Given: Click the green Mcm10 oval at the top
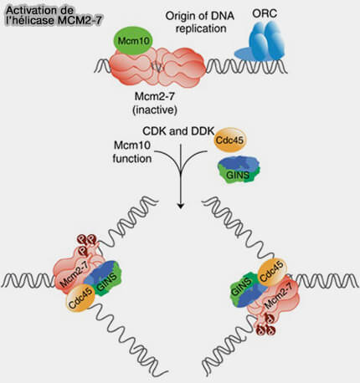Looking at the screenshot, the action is point(133,41).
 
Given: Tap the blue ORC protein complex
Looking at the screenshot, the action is point(260,42).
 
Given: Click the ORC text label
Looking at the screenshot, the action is point(265,13).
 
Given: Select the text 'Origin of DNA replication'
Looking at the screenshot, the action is point(200,23).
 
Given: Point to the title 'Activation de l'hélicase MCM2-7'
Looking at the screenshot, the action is point(53,16).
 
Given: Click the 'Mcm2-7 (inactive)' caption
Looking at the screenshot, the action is point(155,103).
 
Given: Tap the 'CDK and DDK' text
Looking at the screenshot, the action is point(178,130).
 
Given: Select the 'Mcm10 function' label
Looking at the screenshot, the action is point(131,152).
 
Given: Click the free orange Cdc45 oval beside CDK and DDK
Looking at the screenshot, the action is point(230,140).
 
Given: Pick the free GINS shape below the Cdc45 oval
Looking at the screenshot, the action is point(239,169).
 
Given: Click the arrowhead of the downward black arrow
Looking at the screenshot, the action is point(181,207).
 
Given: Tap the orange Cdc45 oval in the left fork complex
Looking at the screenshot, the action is point(80,299).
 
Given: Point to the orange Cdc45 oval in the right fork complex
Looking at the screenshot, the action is point(272,272).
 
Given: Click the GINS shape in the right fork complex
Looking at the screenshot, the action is point(247,290).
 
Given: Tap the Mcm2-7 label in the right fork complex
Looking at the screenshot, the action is point(280,296).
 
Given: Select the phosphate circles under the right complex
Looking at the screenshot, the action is point(266,325).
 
